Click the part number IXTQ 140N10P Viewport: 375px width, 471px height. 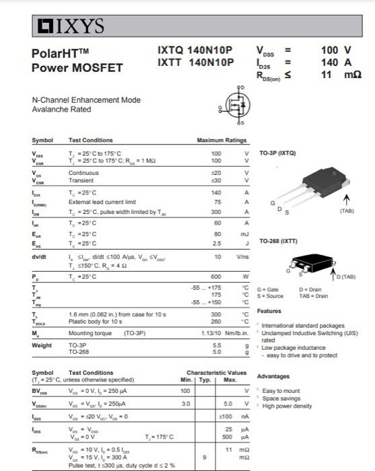click(195, 50)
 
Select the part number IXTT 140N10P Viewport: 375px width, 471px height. click(195, 63)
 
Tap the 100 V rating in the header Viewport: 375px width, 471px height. click(336, 50)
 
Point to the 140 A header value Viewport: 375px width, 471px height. click(336, 63)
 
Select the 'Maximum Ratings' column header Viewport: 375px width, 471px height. click(221, 140)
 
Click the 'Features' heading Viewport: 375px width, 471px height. click(269, 311)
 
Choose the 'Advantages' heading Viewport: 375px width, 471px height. click(273, 376)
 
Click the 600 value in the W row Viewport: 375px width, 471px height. click(216, 277)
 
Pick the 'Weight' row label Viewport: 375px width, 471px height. click(42, 345)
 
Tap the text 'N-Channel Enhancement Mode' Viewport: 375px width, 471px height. click(86, 100)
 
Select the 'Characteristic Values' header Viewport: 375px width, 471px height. click(217, 372)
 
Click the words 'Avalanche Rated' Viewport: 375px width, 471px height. click(61, 110)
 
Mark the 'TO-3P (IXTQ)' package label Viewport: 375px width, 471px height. click(277, 153)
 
